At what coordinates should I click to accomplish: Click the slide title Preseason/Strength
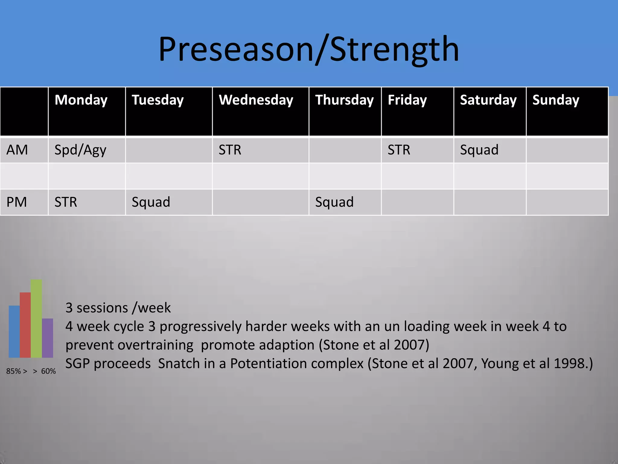click(308, 49)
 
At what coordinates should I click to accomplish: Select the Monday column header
click(81, 100)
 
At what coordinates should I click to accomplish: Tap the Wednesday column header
click(256, 100)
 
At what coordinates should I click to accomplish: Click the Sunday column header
click(556, 100)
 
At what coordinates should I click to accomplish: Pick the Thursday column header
click(344, 100)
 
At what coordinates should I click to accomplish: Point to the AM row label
click(17, 150)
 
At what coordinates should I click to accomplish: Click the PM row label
click(17, 202)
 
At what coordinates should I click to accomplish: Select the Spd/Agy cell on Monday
click(80, 150)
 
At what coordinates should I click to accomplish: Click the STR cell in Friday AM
click(399, 150)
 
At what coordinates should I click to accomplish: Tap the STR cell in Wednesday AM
click(230, 150)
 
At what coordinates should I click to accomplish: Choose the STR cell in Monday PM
click(66, 202)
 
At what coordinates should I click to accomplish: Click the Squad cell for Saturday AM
click(479, 150)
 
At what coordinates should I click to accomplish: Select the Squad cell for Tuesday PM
click(151, 202)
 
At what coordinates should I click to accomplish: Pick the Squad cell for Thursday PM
click(334, 202)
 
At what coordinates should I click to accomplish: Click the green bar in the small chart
click(36, 319)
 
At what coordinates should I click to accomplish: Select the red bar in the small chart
click(25, 325)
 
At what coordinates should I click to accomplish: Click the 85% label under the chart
click(13, 371)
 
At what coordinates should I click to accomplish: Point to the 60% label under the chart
click(48, 371)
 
